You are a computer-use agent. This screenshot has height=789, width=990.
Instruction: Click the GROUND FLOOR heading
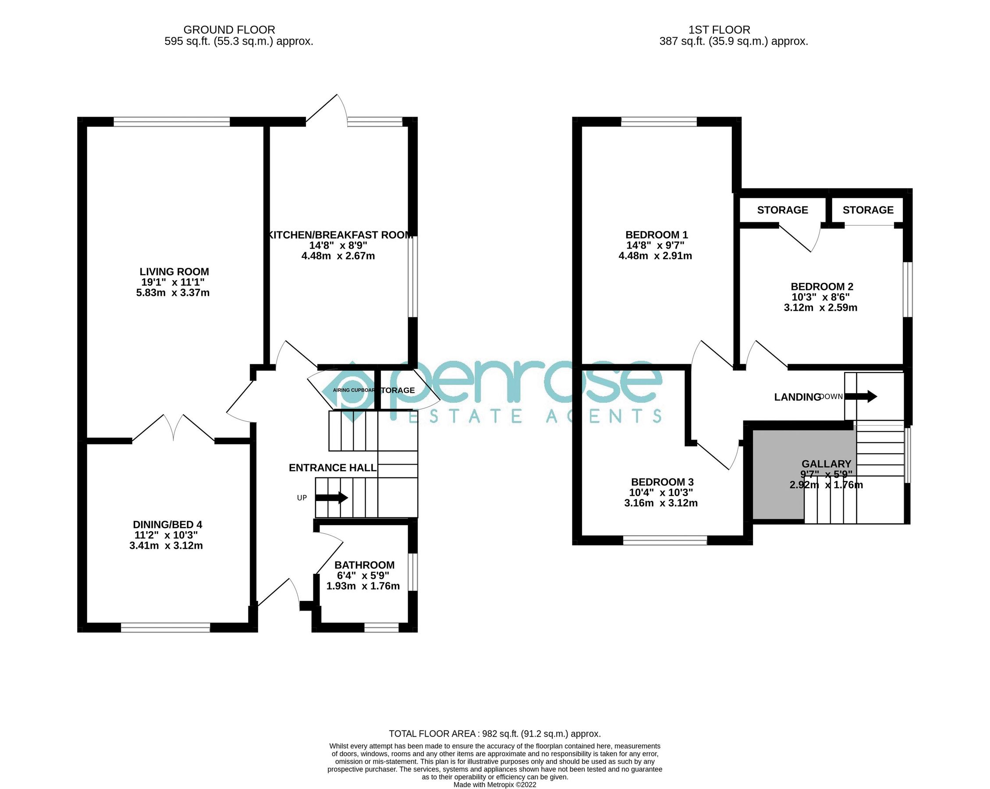coord(229,30)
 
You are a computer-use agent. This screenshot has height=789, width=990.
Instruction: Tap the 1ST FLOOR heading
coord(719,30)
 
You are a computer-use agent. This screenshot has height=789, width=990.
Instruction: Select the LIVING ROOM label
coord(174,272)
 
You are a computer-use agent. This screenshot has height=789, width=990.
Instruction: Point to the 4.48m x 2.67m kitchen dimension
coord(338,256)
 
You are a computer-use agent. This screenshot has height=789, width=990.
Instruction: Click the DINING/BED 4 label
coord(167,525)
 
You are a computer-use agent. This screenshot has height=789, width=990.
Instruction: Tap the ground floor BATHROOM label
coord(364,565)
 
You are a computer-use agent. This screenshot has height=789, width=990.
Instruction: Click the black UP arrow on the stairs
coord(331,498)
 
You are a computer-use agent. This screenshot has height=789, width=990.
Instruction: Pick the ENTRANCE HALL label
coord(333,468)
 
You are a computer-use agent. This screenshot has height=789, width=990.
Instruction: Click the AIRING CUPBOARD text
coord(354,391)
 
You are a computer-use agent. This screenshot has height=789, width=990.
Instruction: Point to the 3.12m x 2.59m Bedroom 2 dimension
coord(820,308)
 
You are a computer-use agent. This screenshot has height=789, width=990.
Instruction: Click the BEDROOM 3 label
coord(662,482)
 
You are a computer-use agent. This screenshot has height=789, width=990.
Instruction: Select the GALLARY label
coord(826,464)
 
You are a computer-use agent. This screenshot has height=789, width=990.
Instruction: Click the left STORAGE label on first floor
coord(782,210)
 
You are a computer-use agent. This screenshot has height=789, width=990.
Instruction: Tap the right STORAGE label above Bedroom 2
coord(867,210)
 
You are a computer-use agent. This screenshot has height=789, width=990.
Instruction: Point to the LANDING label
coord(797,397)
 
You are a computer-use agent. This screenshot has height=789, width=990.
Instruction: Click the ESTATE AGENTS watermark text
coord(535,416)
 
